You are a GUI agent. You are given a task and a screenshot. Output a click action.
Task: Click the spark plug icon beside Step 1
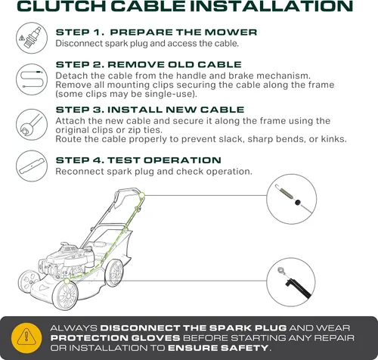(32, 38)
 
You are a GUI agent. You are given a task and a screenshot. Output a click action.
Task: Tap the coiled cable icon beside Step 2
(32, 79)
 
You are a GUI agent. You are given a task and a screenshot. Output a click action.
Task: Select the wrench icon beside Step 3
(32, 125)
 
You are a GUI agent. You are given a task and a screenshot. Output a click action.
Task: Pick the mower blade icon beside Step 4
(32, 166)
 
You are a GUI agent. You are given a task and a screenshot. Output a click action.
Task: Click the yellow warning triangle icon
(26, 338)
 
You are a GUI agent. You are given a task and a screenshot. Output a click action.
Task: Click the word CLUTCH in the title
(62, 6)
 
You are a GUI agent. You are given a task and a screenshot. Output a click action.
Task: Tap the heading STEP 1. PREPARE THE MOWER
(156, 33)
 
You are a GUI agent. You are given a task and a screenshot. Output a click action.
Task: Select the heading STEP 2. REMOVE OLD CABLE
(149, 64)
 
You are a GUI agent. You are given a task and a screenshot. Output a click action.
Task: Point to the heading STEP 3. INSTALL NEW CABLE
(150, 110)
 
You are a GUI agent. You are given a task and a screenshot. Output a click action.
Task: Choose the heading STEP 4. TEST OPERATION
(138, 160)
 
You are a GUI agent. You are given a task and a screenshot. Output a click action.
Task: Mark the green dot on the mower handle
(141, 195)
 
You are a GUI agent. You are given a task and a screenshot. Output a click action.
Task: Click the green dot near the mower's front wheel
(67, 281)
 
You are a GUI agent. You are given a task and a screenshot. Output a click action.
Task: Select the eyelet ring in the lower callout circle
(281, 271)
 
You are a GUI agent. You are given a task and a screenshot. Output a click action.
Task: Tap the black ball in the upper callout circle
(298, 202)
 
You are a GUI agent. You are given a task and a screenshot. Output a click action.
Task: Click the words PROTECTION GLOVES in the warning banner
(115, 338)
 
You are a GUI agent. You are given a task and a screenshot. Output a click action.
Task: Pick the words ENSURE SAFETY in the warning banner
(218, 348)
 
